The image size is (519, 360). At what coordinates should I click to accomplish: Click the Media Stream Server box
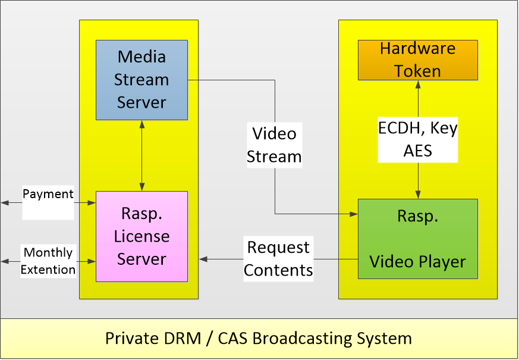point(141,79)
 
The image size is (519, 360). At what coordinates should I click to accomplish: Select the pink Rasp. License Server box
point(141,236)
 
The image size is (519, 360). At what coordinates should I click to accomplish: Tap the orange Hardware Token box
point(417,60)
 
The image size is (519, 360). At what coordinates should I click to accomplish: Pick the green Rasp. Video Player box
point(417,239)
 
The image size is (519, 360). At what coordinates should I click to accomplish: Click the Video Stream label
point(274,145)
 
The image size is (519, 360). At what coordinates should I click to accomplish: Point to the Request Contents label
point(278,259)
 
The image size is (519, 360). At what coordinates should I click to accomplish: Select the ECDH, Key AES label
point(418,139)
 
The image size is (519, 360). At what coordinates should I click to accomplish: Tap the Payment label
point(48,195)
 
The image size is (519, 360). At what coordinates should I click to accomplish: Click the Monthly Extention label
point(48,261)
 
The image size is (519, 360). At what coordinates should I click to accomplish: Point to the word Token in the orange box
point(417,71)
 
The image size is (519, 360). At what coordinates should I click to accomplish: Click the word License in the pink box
point(141,236)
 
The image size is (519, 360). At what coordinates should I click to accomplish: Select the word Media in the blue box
point(141,57)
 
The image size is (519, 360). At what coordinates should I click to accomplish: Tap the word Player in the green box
point(439,262)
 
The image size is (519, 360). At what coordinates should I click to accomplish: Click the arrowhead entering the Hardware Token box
point(418,84)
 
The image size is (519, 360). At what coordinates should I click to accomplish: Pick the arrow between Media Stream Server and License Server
point(141,155)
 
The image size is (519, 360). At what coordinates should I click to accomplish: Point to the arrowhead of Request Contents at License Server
point(203,259)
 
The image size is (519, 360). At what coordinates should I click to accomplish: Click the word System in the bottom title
point(383,339)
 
